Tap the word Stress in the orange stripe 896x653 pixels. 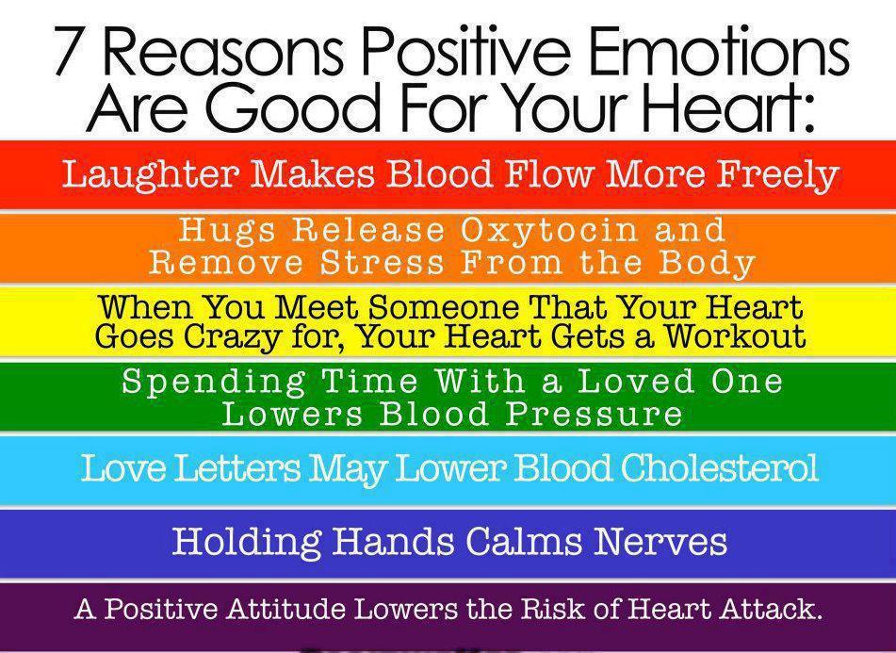(x=377, y=263)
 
